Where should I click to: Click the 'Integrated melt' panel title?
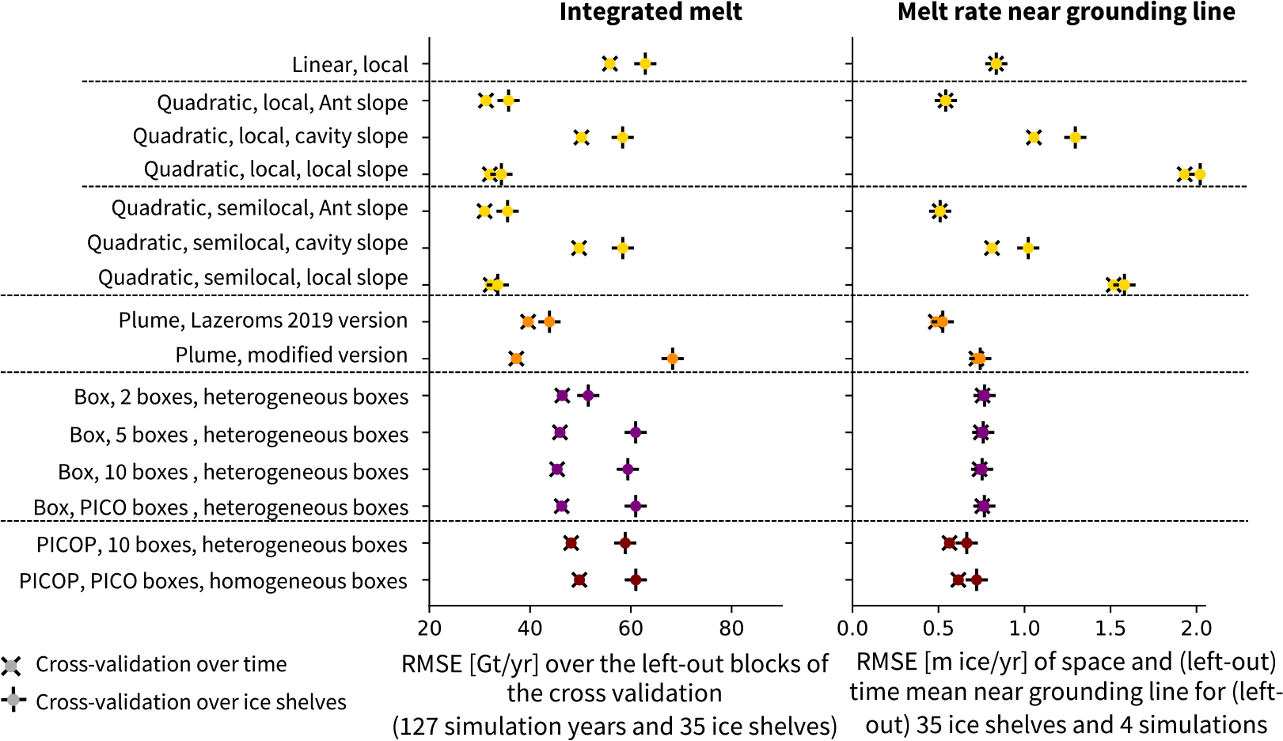tap(651, 12)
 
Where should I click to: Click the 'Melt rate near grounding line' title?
tap(1065, 12)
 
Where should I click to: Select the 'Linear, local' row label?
tap(350, 64)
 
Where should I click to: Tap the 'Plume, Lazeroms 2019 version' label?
tap(263, 320)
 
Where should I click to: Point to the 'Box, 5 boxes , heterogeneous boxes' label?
tap(239, 435)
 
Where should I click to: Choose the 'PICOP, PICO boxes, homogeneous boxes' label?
tap(213, 581)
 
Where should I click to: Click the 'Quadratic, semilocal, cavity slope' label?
tap(247, 242)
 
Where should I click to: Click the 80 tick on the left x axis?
tap(731, 629)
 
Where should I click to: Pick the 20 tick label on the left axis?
tap(430, 629)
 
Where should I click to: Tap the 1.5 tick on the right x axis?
tap(1110, 629)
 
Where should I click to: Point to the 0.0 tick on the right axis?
tap(852, 629)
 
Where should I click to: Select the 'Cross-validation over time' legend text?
tap(161, 664)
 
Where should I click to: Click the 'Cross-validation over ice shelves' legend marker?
tap(12, 701)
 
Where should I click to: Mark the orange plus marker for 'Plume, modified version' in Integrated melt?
tap(672, 359)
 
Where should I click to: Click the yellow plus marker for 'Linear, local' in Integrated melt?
tap(645, 64)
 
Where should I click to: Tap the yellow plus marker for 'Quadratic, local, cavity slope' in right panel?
tap(1075, 138)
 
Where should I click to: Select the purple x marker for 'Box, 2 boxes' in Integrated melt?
tap(562, 396)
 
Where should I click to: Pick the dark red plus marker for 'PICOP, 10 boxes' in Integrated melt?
tap(625, 543)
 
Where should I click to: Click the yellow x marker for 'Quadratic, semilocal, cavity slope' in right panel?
tap(992, 249)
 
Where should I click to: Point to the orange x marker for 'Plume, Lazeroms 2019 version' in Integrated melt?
tap(528, 321)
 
